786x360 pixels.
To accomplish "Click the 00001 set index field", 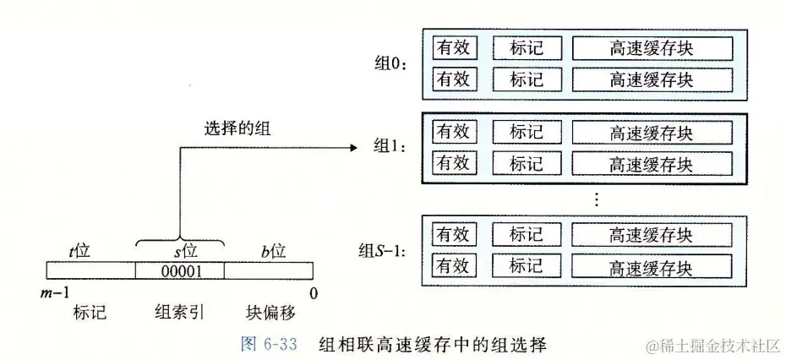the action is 180,271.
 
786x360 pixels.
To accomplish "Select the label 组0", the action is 390,64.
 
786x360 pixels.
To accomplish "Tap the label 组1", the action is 390,146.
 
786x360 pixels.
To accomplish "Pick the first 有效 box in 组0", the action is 453,47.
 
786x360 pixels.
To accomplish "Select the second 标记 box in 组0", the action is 526,79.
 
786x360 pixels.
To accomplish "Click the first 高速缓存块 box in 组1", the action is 651,132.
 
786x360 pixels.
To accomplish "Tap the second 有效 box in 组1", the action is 453,163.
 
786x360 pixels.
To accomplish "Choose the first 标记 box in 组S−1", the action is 526,234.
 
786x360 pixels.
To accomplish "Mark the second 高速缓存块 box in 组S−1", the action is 651,268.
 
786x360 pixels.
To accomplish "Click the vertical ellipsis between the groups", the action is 596,199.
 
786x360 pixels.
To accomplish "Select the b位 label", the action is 272,251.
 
